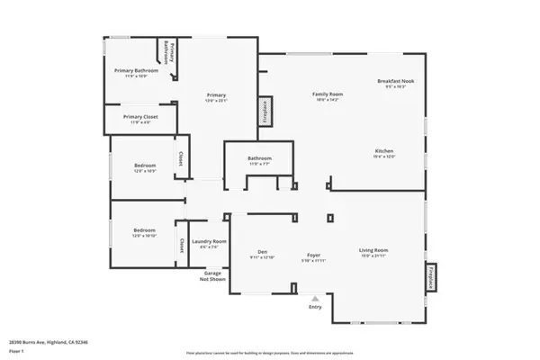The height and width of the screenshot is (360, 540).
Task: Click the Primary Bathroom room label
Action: pyautogui.click(x=136, y=70)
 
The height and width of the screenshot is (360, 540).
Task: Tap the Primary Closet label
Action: pyautogui.click(x=141, y=117)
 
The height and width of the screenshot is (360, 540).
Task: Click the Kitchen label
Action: pyautogui.click(x=384, y=151)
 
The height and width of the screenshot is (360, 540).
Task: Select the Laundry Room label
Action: pyautogui.click(x=208, y=242)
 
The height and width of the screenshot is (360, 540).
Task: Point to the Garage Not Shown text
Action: pyautogui.click(x=212, y=275)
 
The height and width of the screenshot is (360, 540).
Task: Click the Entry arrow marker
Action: pyautogui.click(x=314, y=299)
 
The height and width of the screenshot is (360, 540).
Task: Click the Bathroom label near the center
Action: pyautogui.click(x=260, y=159)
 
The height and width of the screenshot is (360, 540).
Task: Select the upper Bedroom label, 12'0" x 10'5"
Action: pyautogui.click(x=145, y=166)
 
